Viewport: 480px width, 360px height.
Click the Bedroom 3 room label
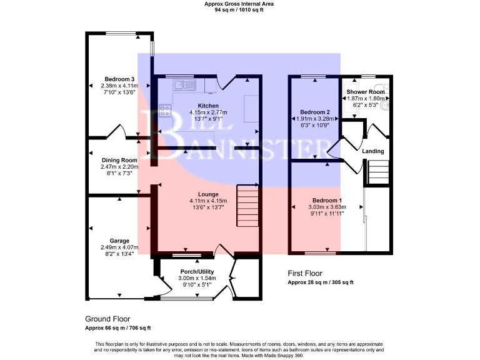point(119,79)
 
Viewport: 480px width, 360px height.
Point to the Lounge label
point(208,194)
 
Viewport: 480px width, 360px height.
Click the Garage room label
point(119,241)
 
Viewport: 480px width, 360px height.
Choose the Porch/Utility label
point(197,272)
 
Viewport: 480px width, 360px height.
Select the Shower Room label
point(366,92)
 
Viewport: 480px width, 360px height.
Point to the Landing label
point(373,151)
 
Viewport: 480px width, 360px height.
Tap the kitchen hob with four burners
point(166,111)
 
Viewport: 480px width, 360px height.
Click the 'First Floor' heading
point(306,273)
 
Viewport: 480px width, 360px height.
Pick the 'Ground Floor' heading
point(107,318)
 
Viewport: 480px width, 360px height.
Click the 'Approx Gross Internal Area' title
point(239,4)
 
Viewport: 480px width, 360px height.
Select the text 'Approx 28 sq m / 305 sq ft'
point(320,282)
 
